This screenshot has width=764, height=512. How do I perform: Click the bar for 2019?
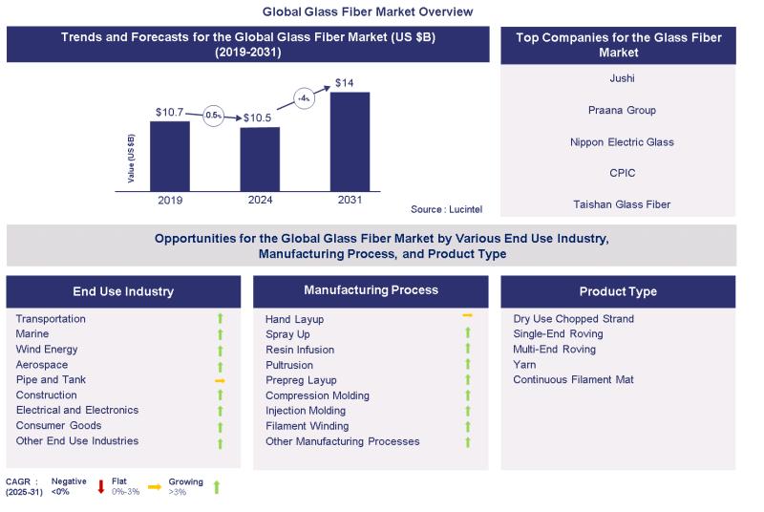coord(169,156)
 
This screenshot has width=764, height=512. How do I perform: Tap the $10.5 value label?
coord(259,117)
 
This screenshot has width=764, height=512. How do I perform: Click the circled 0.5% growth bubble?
coord(214,115)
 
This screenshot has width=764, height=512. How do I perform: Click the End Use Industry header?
coord(123,291)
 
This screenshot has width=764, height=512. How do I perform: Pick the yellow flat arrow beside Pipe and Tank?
coord(219,380)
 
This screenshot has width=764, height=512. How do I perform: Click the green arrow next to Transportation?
coord(219,319)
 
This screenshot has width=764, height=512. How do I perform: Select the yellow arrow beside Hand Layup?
coord(468,314)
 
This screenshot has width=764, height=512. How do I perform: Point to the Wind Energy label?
coord(47,350)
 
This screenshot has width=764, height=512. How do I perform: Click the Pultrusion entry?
coord(289,365)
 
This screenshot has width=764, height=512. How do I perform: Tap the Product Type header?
coord(618,291)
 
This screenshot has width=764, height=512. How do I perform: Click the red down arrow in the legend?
coord(101,487)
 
